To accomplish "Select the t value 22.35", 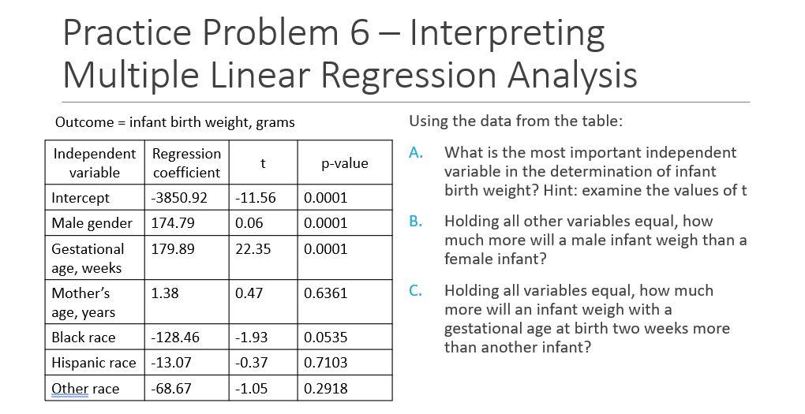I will tap(253, 249).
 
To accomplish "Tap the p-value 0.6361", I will tap(325, 293).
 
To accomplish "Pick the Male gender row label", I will tap(92, 223).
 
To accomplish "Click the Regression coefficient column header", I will tap(186, 162).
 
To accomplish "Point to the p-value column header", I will tap(345, 163).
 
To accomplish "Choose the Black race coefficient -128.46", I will tap(175, 338).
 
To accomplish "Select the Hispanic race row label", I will tap(93, 363).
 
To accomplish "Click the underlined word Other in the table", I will tap(69, 388).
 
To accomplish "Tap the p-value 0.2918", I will tap(325, 388).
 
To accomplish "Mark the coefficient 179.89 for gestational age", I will tap(172, 249).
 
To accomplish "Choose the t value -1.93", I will tap(251, 338).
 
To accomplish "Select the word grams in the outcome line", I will tap(275, 122).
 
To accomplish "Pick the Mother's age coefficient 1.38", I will tap(165, 293).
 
